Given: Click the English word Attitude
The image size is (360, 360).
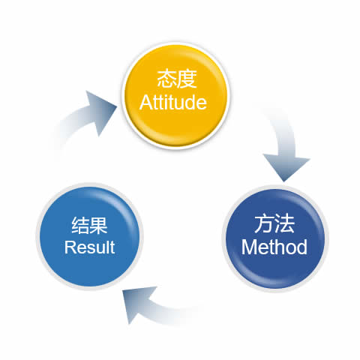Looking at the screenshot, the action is coord(173,102).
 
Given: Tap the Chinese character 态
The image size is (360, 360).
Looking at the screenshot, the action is coord(166,79).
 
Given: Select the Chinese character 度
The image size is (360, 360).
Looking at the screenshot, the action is coord(187,79).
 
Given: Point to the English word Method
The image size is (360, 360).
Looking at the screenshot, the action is coord(274,247).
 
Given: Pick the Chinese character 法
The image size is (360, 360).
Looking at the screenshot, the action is coord(284,223).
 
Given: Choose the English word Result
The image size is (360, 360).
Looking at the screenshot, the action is coord(89,247).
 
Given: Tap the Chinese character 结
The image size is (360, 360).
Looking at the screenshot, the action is coord(80,225).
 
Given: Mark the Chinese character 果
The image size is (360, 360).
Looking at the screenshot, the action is coord(98,225).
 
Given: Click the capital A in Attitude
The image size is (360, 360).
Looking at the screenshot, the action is coord(145,102).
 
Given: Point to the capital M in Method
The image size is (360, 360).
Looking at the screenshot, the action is coord(248,247).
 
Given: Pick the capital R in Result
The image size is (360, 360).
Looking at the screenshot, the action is coord(70,247).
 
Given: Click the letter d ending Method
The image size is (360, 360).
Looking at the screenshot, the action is coord(301,247).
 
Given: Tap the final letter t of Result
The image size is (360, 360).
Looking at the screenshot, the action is coord(112,247).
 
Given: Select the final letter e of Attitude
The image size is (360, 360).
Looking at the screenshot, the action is coord(202,104).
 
